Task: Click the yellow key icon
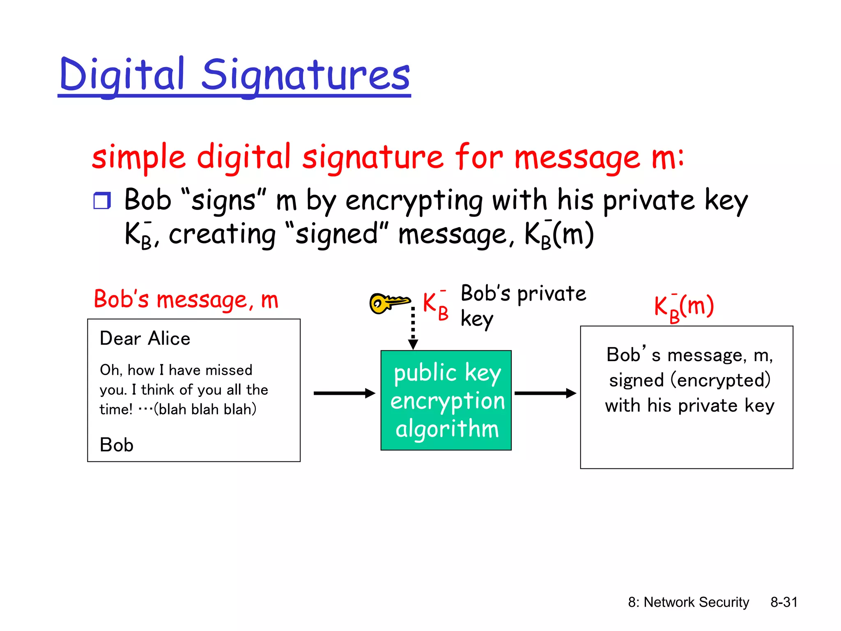pyautogui.click(x=388, y=303)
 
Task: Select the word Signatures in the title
pyautogui.click(x=306, y=75)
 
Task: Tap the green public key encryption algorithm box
pyautogui.click(x=446, y=400)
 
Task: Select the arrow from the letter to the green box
pyautogui.click(x=344, y=393)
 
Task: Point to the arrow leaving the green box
pyautogui.click(x=545, y=393)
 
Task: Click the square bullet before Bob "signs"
pyautogui.click(x=102, y=201)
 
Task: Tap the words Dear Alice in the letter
pyautogui.click(x=145, y=339)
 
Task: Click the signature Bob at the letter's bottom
pyautogui.click(x=117, y=445)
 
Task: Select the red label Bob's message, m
pyautogui.click(x=186, y=299)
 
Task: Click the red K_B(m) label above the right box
pyautogui.click(x=684, y=307)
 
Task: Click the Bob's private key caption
pyautogui.click(x=523, y=305)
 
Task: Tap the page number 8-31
pyautogui.click(x=784, y=602)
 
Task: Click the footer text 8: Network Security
pyautogui.click(x=688, y=602)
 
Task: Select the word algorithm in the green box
pyautogui.click(x=447, y=429)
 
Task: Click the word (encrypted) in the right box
pyautogui.click(x=720, y=380)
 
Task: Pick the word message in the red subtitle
pyautogui.click(x=577, y=158)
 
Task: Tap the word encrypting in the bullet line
pyautogui.click(x=414, y=200)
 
